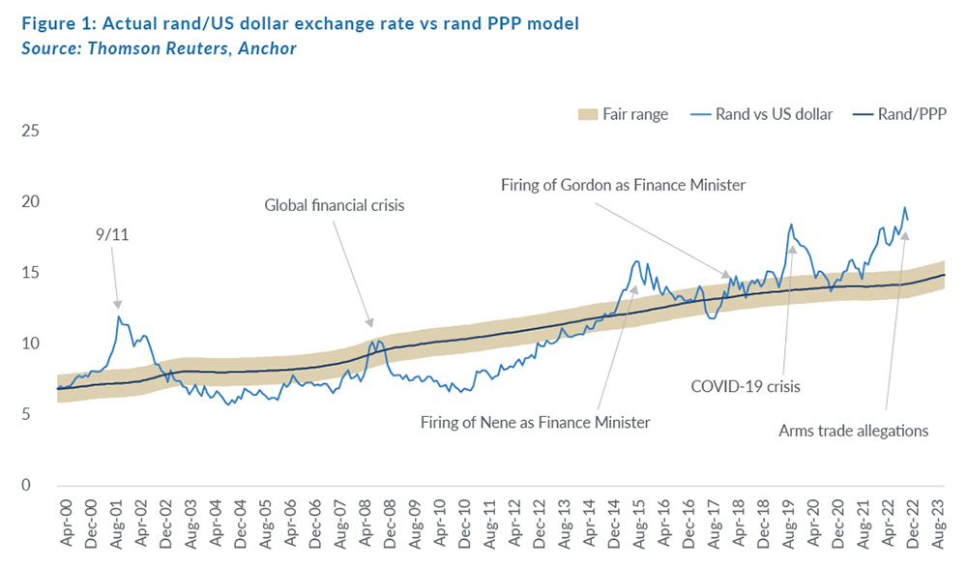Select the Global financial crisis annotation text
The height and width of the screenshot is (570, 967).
334,205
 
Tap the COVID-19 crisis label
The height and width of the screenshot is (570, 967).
745,386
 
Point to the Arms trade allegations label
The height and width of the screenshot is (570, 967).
853,430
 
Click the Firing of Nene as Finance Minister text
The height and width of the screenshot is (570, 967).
535,422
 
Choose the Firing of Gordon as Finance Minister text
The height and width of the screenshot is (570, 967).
623,184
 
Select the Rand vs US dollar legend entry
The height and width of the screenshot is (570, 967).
760,114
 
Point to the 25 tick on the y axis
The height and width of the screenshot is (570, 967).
30,130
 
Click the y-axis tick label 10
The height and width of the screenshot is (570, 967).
30,344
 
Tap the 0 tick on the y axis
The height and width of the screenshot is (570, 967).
34,485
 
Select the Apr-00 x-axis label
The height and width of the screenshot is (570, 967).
65,524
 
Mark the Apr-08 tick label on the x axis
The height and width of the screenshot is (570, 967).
366,524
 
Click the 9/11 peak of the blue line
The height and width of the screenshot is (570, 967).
119,316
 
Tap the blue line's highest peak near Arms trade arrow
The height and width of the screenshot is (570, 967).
904,207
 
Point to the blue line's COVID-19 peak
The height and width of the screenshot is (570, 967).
791,225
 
